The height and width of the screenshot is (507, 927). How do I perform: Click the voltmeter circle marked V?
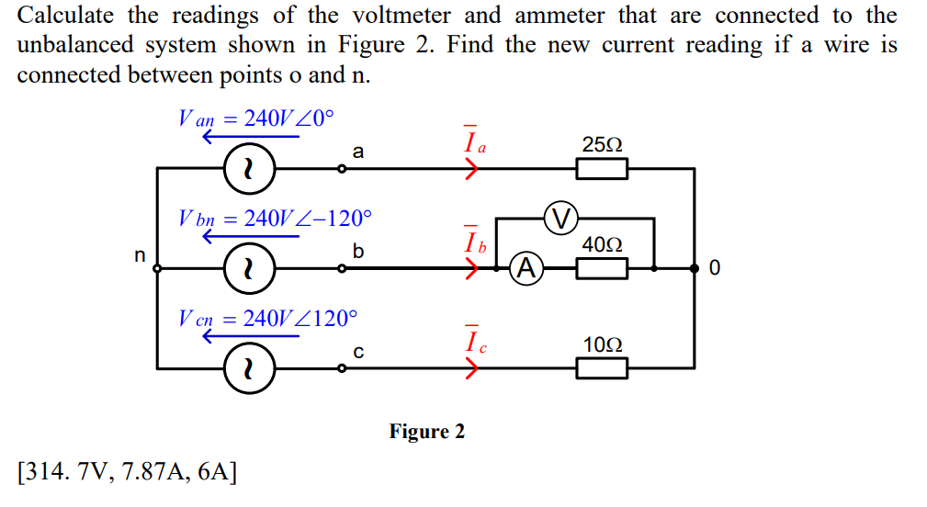click(x=562, y=219)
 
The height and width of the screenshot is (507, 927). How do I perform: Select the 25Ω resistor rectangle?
click(x=602, y=169)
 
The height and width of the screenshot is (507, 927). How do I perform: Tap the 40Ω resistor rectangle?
click(x=602, y=268)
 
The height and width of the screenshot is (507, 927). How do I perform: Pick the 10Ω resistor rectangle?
click(x=602, y=368)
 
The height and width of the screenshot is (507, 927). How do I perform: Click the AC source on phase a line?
click(x=246, y=169)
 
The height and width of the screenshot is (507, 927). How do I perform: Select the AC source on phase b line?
click(x=246, y=268)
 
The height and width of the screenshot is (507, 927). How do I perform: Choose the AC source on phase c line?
click(x=246, y=368)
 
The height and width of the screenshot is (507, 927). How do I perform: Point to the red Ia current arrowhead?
click(x=472, y=169)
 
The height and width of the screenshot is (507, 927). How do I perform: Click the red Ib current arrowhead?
click(x=472, y=268)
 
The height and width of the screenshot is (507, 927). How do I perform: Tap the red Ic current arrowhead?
click(x=472, y=368)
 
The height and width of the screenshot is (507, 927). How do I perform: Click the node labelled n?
click(x=157, y=268)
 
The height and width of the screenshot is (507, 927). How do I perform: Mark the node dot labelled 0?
click(x=693, y=268)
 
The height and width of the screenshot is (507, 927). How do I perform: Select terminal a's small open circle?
click(x=342, y=169)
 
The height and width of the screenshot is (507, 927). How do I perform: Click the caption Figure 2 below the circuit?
click(x=427, y=432)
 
